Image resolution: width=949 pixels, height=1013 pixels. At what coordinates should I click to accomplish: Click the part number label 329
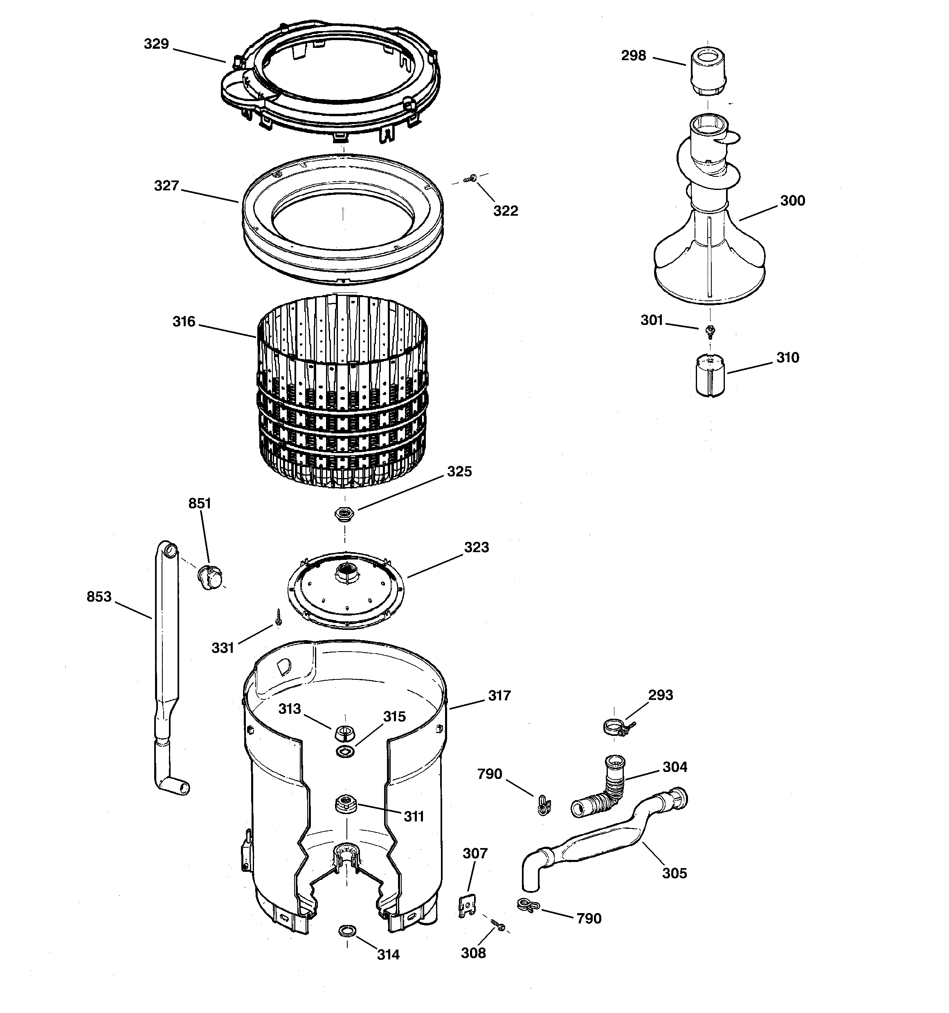tap(156, 44)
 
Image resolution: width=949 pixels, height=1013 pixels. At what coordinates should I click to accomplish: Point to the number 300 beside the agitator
tap(792, 201)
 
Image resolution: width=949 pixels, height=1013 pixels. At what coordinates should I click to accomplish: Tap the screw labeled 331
tap(279, 618)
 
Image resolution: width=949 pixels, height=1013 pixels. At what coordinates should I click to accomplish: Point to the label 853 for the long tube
tap(99, 597)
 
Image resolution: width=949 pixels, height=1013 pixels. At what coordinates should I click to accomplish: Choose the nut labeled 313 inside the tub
tap(345, 734)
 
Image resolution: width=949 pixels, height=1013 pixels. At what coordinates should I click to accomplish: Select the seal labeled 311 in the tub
tap(345, 805)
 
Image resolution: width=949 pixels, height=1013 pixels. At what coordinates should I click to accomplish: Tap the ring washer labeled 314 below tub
tap(347, 932)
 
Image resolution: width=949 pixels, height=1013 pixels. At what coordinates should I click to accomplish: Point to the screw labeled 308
tap(498, 926)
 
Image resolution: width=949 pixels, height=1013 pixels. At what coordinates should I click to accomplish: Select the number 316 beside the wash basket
tap(184, 322)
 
